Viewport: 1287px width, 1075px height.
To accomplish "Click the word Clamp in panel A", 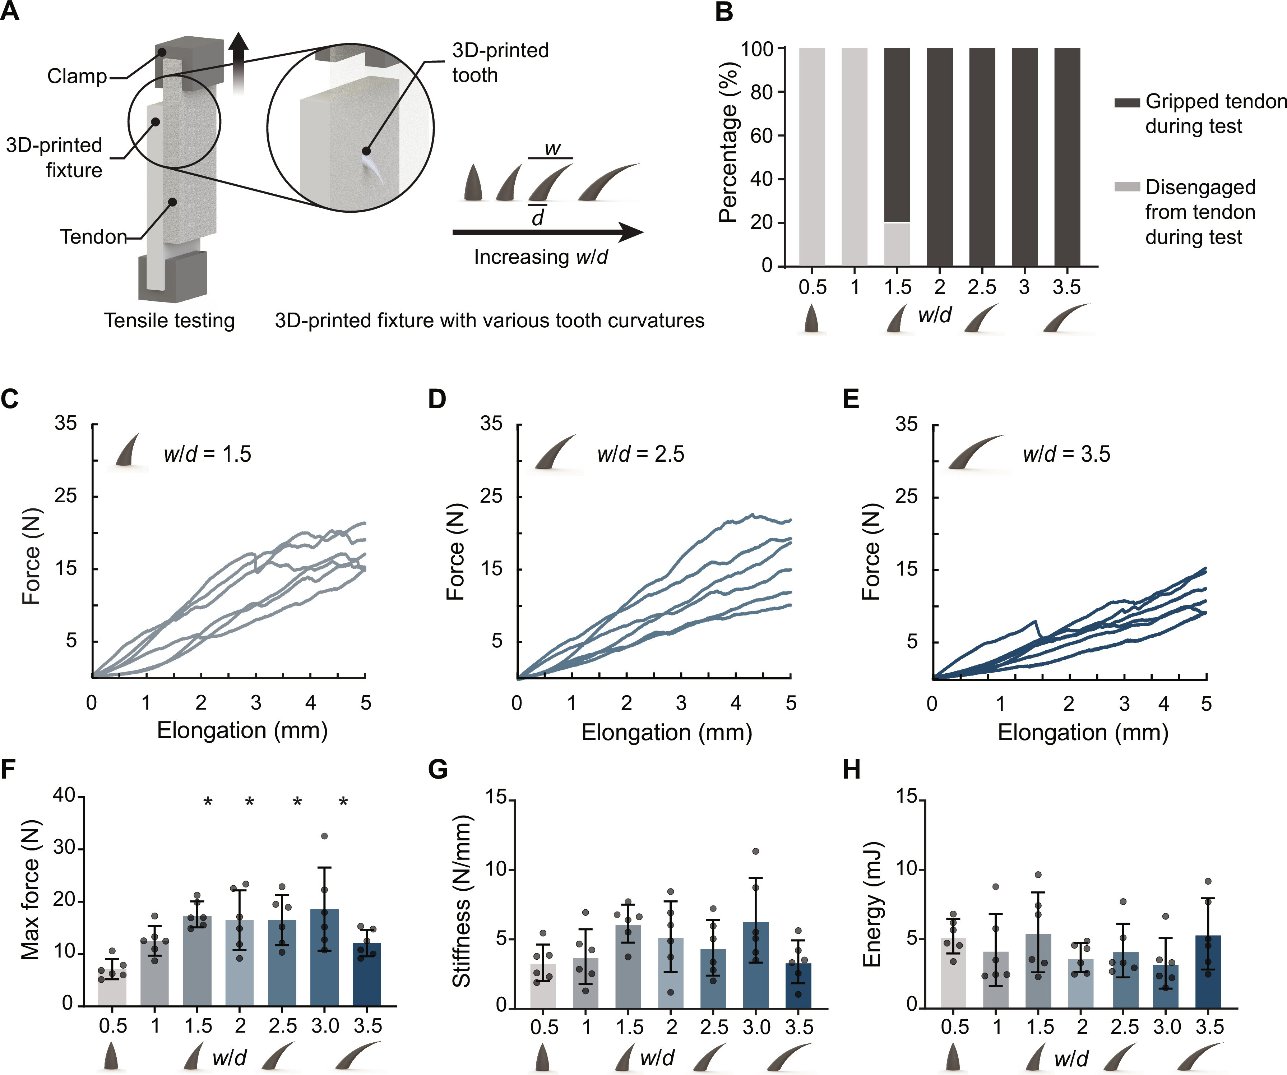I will (77, 77).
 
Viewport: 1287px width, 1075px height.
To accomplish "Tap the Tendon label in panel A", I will (93, 236).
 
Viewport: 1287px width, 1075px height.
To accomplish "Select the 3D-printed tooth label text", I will (500, 63).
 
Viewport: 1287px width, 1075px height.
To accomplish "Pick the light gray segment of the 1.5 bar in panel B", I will (897, 244).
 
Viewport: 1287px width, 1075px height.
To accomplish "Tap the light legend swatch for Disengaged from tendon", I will (1126, 187).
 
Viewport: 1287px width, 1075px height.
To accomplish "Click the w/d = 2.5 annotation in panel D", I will (640, 454).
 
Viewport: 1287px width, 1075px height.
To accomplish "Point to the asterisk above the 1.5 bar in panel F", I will (208, 802).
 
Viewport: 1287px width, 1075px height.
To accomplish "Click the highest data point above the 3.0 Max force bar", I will (325, 836).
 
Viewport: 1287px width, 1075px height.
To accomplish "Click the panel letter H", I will (852, 770).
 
